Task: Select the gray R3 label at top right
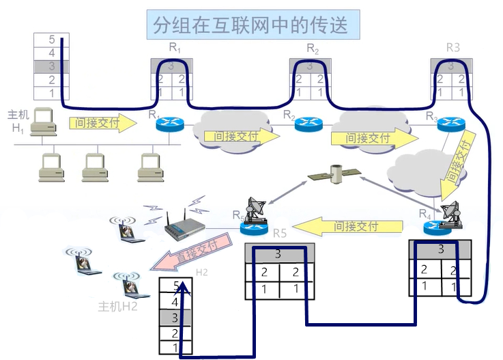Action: pos(453,48)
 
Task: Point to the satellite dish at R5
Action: pos(258,208)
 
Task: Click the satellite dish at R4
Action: pos(452,214)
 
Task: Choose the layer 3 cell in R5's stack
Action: pos(278,254)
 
